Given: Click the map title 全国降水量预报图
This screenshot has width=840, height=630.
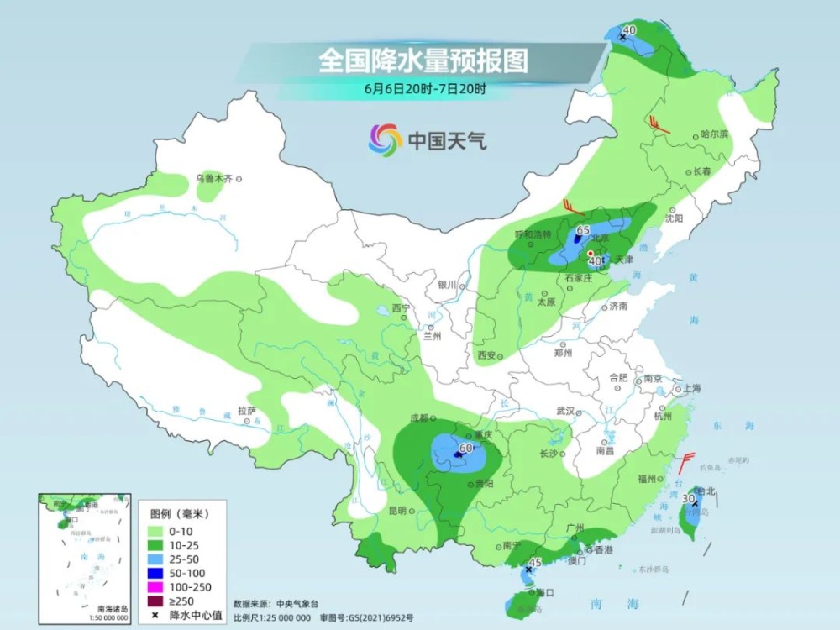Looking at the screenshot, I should pyautogui.click(x=423, y=60).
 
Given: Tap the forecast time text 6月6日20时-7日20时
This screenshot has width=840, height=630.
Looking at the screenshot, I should pyautogui.click(x=425, y=87).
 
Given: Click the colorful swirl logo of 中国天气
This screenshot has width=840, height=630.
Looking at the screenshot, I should pyautogui.click(x=386, y=139).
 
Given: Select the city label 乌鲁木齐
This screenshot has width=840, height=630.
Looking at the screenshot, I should pyautogui.click(x=213, y=178).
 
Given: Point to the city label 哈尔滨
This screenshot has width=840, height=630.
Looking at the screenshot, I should pyautogui.click(x=714, y=134).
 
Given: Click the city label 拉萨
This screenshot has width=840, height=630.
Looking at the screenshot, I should pyautogui.click(x=246, y=411).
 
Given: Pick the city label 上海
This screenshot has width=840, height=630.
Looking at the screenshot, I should pyautogui.click(x=692, y=388).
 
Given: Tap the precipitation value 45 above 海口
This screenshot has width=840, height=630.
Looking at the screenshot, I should pyautogui.click(x=535, y=562).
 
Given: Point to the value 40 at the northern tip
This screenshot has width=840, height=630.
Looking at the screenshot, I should pyautogui.click(x=630, y=30).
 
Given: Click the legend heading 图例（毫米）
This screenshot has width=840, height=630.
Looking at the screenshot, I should pyautogui.click(x=179, y=512).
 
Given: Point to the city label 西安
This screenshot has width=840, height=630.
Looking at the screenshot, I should pyautogui.click(x=486, y=355).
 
